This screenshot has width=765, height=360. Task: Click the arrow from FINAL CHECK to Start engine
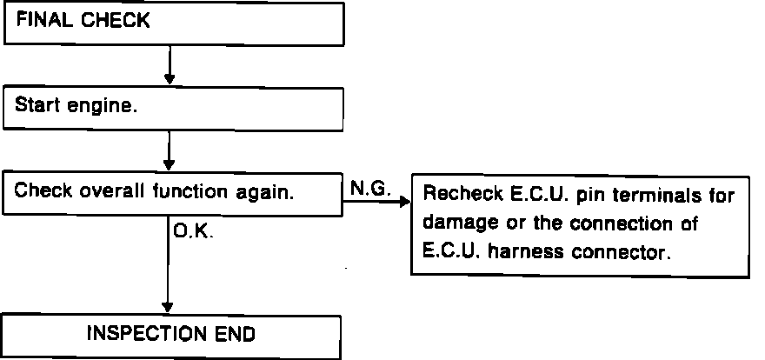170,63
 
